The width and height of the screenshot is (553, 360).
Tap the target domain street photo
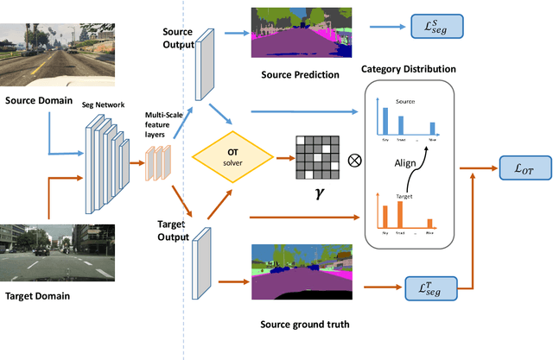click(x=47, y=251)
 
